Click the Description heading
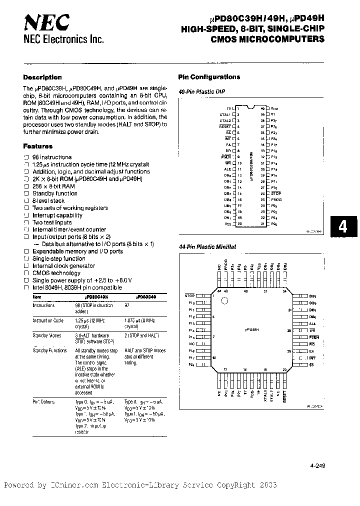pyautogui.click(x=42, y=77)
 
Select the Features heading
pyautogui.click(x=37, y=146)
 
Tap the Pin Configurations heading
pyautogui.click(x=209, y=77)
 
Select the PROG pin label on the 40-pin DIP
pyautogui.click(x=276, y=199)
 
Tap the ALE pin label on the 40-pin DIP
pyautogui.click(x=227, y=169)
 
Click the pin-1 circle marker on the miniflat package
pyautogui.click(x=224, y=301)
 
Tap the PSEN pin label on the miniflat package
pyautogui.click(x=313, y=337)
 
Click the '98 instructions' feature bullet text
pyautogui.click(x=52, y=157)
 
